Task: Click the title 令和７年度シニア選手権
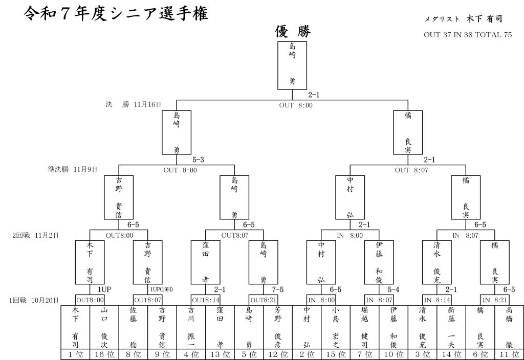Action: click(116, 14)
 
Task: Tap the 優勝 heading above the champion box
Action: click(293, 32)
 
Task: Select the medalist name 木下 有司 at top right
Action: click(484, 19)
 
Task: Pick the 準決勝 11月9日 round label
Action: click(72, 168)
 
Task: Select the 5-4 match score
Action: click(394, 289)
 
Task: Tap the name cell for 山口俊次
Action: click(104, 327)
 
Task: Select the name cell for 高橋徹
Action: click(509, 327)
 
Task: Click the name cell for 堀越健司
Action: click(364, 327)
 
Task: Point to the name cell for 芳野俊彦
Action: click(278, 327)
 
